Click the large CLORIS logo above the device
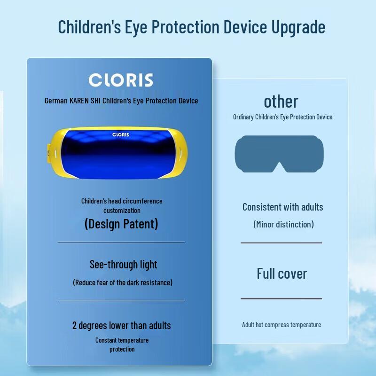(121, 80)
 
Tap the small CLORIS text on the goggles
(120, 134)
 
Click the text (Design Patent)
(121, 224)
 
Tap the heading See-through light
(123, 265)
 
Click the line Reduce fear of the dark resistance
(123, 282)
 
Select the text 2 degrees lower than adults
(121, 325)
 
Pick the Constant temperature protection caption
(122, 345)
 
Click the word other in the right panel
(281, 102)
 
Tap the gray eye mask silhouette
(279, 154)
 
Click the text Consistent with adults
(282, 207)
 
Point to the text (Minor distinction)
(283, 224)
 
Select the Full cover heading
(282, 274)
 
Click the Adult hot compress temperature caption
(282, 325)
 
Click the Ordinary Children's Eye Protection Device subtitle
(282, 117)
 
